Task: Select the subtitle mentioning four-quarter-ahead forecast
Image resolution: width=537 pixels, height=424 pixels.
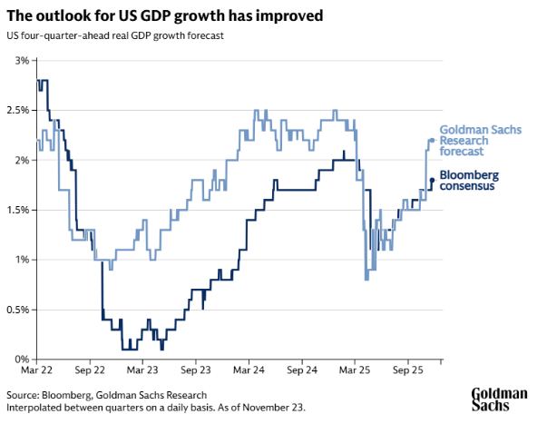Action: (115, 36)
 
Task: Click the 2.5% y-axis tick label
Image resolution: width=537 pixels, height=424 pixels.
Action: (18, 110)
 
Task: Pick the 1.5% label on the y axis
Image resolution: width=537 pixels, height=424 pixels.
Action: (18, 210)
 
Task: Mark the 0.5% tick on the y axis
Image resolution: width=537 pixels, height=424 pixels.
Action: (18, 310)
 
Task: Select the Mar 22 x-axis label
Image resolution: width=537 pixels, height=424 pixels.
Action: (37, 371)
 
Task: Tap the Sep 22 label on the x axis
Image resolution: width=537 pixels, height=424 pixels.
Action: (91, 371)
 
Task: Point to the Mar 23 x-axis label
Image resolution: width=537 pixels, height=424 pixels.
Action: (143, 371)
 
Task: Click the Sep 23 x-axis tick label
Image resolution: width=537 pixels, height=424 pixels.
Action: (196, 371)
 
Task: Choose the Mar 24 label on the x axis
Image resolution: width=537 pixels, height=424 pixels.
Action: (249, 371)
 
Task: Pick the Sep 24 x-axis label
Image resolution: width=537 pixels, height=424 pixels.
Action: (301, 371)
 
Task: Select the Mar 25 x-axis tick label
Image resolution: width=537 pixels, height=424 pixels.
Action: (354, 371)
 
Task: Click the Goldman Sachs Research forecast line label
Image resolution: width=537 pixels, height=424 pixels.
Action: (480, 141)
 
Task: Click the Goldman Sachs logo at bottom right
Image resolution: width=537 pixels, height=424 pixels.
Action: (498, 399)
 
